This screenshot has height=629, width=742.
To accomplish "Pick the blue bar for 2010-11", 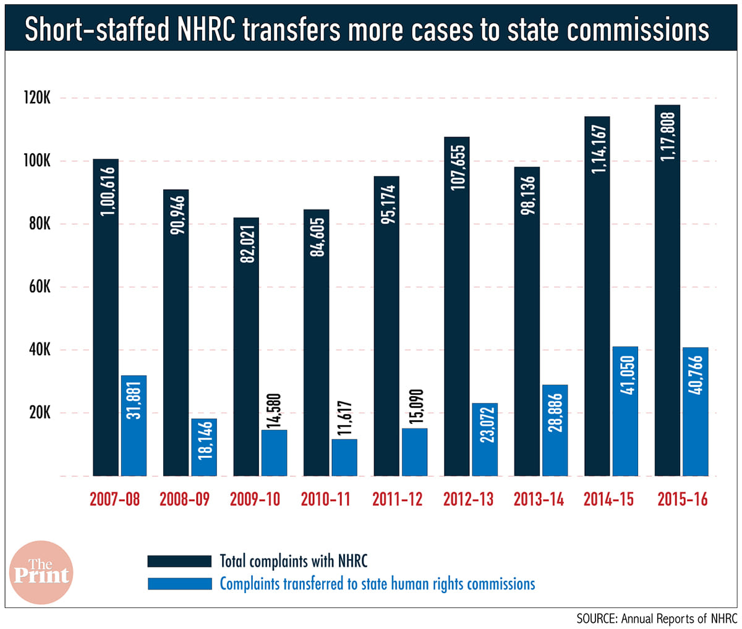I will click(344, 457).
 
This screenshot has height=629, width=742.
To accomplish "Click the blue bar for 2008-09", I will click(204, 447).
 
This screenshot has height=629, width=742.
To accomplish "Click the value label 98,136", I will click(527, 196).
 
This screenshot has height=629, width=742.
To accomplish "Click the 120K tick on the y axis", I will click(36, 98).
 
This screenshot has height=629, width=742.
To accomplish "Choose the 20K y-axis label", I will click(38, 413).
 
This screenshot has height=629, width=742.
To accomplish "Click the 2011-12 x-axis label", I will click(397, 499).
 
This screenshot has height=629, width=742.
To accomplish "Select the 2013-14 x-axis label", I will click(539, 499).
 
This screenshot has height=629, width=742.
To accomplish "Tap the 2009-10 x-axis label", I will click(255, 499).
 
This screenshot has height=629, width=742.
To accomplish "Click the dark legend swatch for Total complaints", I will click(179, 561).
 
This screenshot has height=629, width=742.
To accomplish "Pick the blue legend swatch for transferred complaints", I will click(179, 583).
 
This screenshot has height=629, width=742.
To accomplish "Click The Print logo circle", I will click(41, 572).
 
